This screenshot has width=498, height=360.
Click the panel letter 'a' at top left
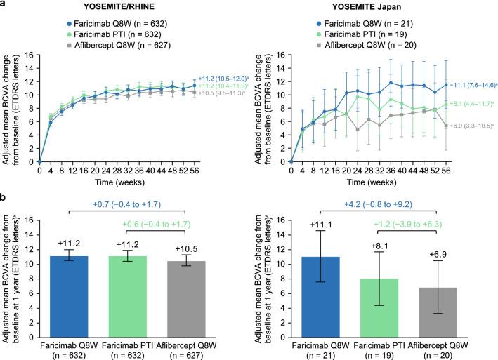pyautogui.click(x=5, y=5)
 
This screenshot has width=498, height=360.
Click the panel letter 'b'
pyautogui.click(x=5, y=199)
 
